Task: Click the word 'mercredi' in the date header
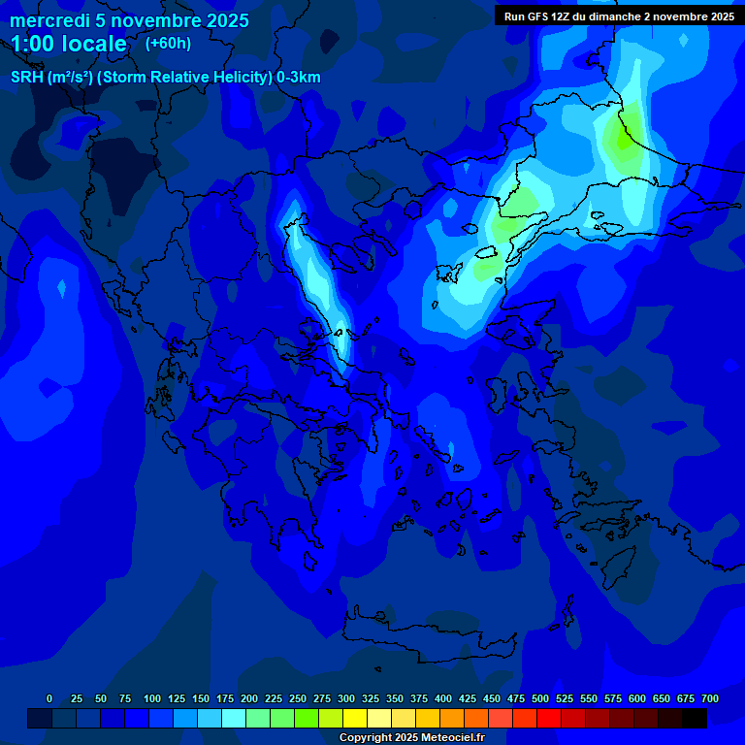click(x=49, y=20)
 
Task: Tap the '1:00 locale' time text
click(x=69, y=44)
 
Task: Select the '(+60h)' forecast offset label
click(x=168, y=44)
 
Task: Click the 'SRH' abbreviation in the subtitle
click(x=26, y=78)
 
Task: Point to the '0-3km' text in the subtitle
click(x=299, y=78)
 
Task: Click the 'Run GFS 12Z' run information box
click(x=619, y=16)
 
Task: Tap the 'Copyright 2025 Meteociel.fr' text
click(x=411, y=737)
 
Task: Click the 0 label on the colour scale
click(x=49, y=698)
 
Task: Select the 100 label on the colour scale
click(x=152, y=698)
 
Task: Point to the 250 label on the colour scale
click(x=298, y=698)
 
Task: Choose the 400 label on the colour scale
click(x=443, y=698)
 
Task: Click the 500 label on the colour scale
click(x=540, y=698)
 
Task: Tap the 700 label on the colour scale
click(x=710, y=698)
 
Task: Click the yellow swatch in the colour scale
click(x=355, y=718)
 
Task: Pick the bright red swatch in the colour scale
click(x=549, y=718)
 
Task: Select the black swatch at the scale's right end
click(x=695, y=718)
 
